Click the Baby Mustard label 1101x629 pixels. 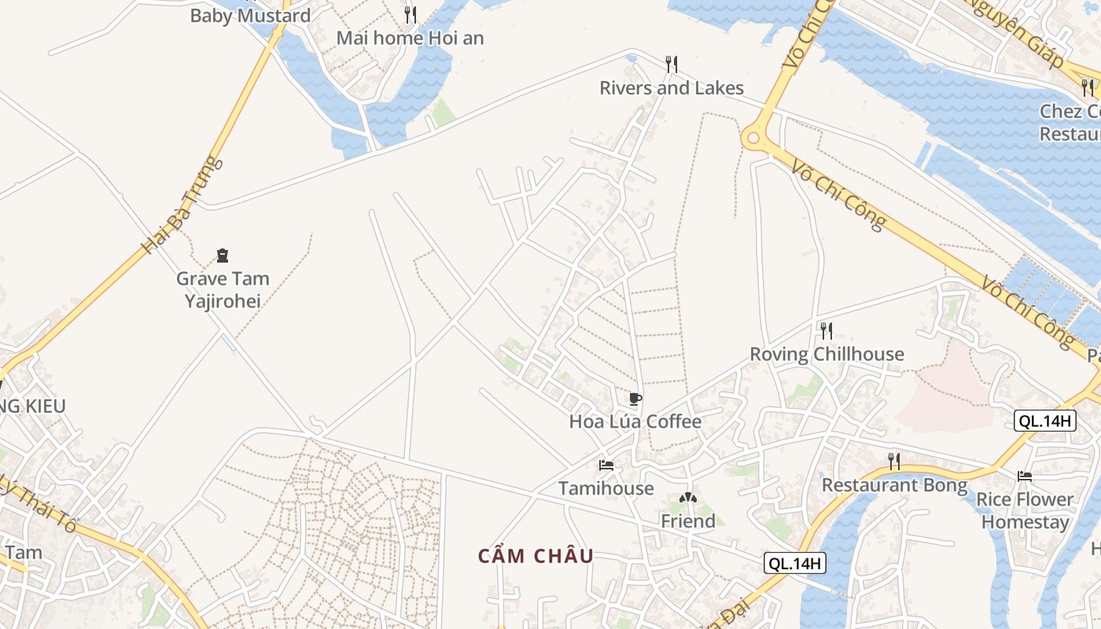[x=250, y=15]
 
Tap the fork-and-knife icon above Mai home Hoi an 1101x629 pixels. [x=410, y=14]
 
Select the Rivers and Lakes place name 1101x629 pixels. [x=672, y=87]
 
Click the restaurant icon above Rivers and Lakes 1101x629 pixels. [x=671, y=63]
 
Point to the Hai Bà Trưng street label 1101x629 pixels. [x=182, y=204]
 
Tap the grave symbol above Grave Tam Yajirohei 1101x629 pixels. [x=223, y=255]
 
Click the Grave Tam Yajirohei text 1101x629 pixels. [x=223, y=289]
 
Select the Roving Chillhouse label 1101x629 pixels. [x=827, y=354]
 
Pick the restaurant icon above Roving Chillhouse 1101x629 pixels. [x=826, y=329]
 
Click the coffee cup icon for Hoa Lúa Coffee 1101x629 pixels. [x=635, y=399]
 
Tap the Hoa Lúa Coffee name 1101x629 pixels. [x=635, y=421]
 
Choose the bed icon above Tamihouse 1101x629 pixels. [x=606, y=465]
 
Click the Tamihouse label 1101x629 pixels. [x=606, y=488]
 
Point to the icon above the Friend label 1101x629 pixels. [x=687, y=498]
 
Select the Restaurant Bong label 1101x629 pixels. [x=894, y=485]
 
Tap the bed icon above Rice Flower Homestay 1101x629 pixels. [x=1024, y=476]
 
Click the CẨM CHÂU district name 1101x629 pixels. [x=536, y=556]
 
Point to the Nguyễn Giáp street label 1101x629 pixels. [x=1015, y=31]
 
